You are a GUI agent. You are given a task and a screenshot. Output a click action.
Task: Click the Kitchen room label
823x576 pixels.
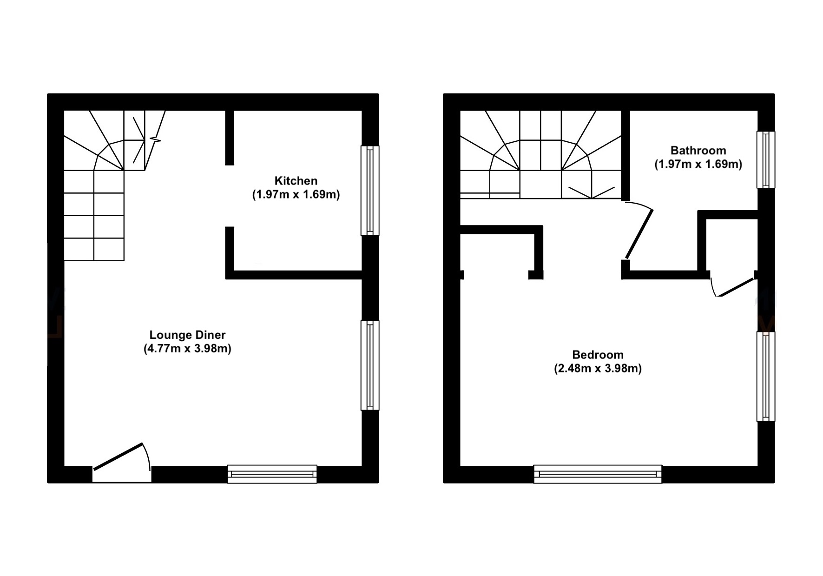[x=296, y=181]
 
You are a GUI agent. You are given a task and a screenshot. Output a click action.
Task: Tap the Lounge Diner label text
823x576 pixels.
[x=187, y=335]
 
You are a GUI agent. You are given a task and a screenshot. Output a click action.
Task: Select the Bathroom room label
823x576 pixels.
[x=698, y=151]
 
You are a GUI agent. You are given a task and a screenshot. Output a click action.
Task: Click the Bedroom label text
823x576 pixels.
[x=598, y=355]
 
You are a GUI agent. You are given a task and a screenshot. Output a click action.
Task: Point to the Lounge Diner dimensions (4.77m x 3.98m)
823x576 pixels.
[x=187, y=349]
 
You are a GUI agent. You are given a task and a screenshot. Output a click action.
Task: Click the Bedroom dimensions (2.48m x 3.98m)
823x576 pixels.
[x=598, y=369]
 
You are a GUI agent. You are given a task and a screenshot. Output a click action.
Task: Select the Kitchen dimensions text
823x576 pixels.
[x=296, y=194]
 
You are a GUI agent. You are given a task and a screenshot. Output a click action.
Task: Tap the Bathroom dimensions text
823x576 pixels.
[x=698, y=164]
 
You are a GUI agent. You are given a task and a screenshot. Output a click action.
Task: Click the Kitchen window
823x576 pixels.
[x=370, y=190]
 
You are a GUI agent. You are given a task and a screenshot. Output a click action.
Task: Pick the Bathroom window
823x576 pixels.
[x=765, y=159]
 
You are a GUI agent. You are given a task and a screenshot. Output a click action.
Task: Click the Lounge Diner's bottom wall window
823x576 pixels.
[x=272, y=474]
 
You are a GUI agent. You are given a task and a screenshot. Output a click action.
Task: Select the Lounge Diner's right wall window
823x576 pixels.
[x=370, y=365]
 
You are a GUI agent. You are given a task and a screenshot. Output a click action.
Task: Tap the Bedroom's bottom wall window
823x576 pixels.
[x=597, y=474]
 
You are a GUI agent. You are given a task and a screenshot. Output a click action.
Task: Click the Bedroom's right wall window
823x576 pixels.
[x=765, y=376]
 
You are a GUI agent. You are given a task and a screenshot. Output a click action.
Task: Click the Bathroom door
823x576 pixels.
[x=639, y=232]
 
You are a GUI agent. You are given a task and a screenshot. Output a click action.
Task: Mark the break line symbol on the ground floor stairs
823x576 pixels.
[x=155, y=139]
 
